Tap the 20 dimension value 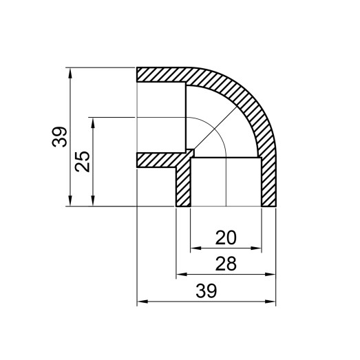[225, 237]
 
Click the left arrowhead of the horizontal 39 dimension [140, 301]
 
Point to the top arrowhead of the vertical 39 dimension [71, 71]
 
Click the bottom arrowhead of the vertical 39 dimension [71, 202]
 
